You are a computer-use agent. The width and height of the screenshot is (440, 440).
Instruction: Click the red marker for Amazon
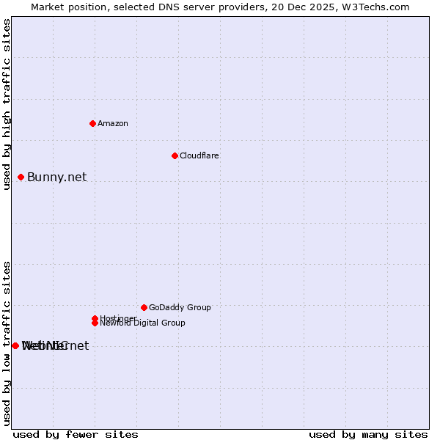tap(92, 123)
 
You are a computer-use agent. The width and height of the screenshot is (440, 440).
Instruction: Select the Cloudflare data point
tap(175, 155)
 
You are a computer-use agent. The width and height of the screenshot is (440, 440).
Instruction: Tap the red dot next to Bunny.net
tap(21, 177)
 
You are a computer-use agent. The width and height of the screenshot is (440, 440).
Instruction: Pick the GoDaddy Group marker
tap(144, 307)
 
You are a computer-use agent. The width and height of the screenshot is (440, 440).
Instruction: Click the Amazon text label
tap(112, 123)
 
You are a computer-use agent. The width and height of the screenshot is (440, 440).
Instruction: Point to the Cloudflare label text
tap(199, 155)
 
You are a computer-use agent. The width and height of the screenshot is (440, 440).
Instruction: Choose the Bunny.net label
tap(56, 177)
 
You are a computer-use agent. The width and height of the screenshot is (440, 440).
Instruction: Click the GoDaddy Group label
tap(180, 307)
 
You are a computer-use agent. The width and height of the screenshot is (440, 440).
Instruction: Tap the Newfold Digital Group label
tap(142, 323)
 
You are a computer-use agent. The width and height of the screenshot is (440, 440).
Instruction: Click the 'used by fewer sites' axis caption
tap(76, 434)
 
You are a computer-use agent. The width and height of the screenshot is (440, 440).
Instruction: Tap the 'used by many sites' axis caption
tap(368, 434)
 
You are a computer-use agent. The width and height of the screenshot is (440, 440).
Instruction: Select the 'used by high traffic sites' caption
tap(7, 104)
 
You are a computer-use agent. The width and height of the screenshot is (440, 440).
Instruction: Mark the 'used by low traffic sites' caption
tap(7, 343)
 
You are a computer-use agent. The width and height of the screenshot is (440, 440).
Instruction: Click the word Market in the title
tap(48, 7)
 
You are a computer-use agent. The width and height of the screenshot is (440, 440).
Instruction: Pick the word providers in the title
tap(240, 7)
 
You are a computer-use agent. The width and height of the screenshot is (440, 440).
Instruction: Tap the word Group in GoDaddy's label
tap(199, 307)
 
